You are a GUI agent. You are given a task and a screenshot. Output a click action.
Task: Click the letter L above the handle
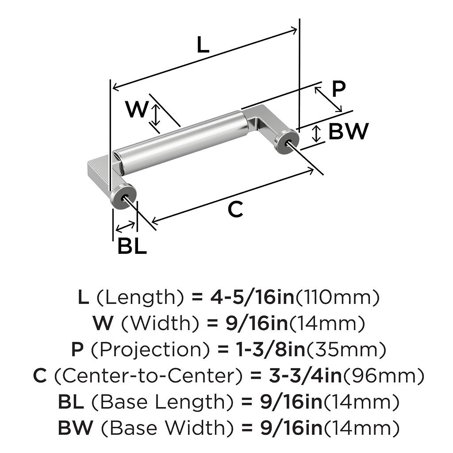pyautogui.click(x=203, y=45)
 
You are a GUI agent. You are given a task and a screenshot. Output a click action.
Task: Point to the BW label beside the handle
pyautogui.click(x=348, y=131)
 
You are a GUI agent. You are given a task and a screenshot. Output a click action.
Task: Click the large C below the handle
pyautogui.click(x=235, y=209)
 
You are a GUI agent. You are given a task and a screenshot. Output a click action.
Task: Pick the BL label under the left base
pyautogui.click(x=132, y=246)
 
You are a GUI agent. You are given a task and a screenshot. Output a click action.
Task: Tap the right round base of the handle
pyautogui.click(x=286, y=141)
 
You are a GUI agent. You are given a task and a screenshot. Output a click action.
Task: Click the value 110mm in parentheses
pyautogui.click(x=338, y=298)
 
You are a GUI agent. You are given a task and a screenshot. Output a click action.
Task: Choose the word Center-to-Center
pyautogui.click(x=149, y=376)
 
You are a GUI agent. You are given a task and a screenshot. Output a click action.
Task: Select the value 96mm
pyautogui.click(x=384, y=376)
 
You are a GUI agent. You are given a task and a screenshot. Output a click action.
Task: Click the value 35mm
pyautogui.click(x=346, y=350)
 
